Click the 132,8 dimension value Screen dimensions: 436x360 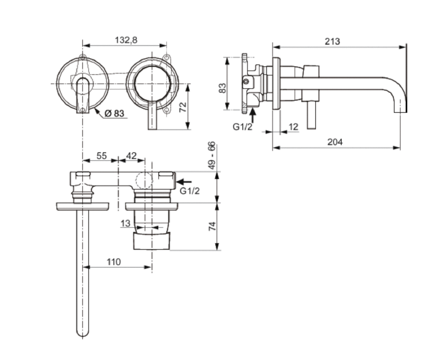(126, 40)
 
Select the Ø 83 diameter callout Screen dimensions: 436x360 (114, 114)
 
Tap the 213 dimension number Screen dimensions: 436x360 (333, 41)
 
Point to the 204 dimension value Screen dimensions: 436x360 (335, 142)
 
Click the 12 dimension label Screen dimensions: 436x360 (293, 127)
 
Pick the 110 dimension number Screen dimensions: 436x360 (114, 262)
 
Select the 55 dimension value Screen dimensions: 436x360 (101, 156)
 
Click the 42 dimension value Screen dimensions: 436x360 (132, 156)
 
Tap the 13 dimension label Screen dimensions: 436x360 (126, 223)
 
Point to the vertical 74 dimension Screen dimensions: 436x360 (212, 226)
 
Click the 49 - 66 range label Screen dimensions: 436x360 (212, 156)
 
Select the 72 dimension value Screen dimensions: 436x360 (183, 107)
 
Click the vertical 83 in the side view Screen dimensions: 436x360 (222, 88)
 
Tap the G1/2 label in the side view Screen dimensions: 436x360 (242, 127)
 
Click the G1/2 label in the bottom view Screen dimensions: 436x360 (190, 191)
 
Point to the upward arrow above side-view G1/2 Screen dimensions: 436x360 (252, 115)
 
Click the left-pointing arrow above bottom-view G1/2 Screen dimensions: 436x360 (184, 182)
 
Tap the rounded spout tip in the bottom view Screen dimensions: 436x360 (83, 332)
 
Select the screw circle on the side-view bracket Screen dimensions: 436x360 (246, 81)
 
